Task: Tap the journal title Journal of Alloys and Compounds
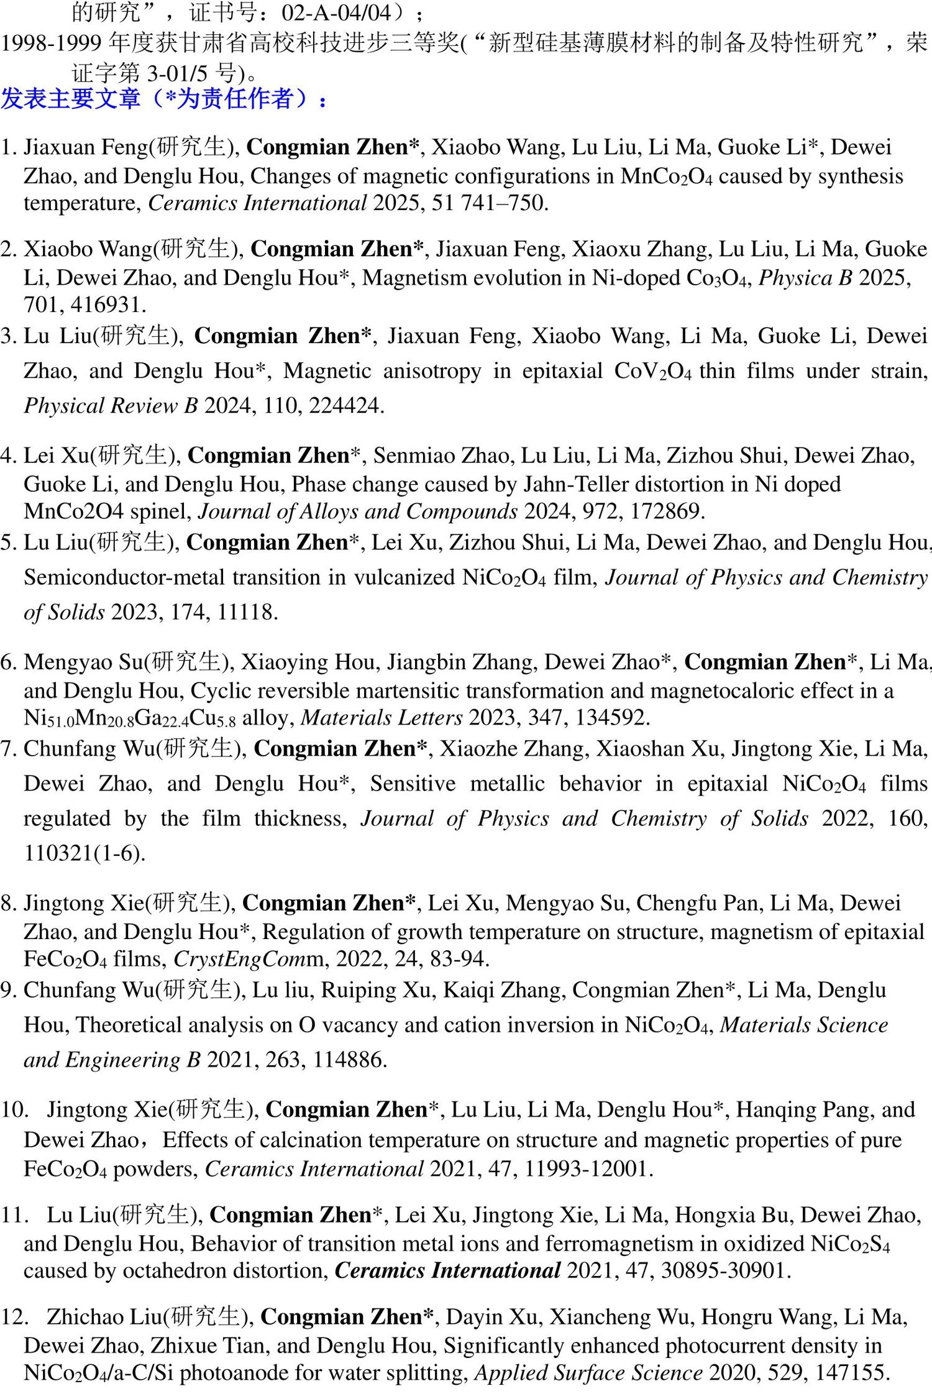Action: point(358,511)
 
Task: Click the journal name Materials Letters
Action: point(381,718)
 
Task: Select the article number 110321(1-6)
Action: point(84,853)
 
